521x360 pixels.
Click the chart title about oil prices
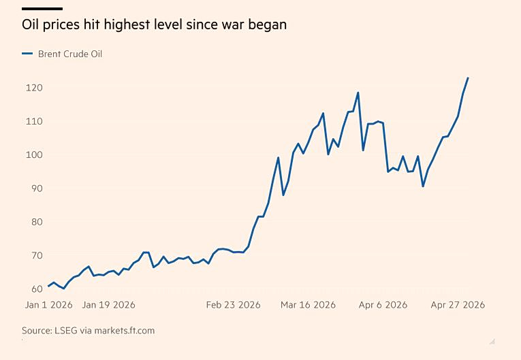click(x=154, y=24)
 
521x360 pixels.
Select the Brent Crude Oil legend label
click(x=70, y=54)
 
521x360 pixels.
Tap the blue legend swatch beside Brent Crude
click(x=27, y=54)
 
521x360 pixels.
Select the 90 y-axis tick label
click(x=34, y=189)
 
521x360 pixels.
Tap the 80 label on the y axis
click(x=34, y=222)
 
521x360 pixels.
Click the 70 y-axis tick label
click(x=34, y=255)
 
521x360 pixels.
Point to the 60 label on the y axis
click(x=34, y=289)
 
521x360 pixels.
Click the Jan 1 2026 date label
click(x=50, y=305)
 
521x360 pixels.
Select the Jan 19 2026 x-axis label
click(x=108, y=305)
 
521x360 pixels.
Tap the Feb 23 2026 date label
click(x=234, y=305)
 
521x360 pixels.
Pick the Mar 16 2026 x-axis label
click(x=308, y=305)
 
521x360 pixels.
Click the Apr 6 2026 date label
click(x=383, y=305)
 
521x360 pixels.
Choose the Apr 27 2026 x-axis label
click(x=458, y=305)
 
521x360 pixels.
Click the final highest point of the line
click(x=468, y=78)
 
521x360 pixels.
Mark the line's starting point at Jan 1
click(x=48, y=286)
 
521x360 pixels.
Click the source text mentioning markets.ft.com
click(x=88, y=331)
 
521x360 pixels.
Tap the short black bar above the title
click(x=42, y=9)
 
